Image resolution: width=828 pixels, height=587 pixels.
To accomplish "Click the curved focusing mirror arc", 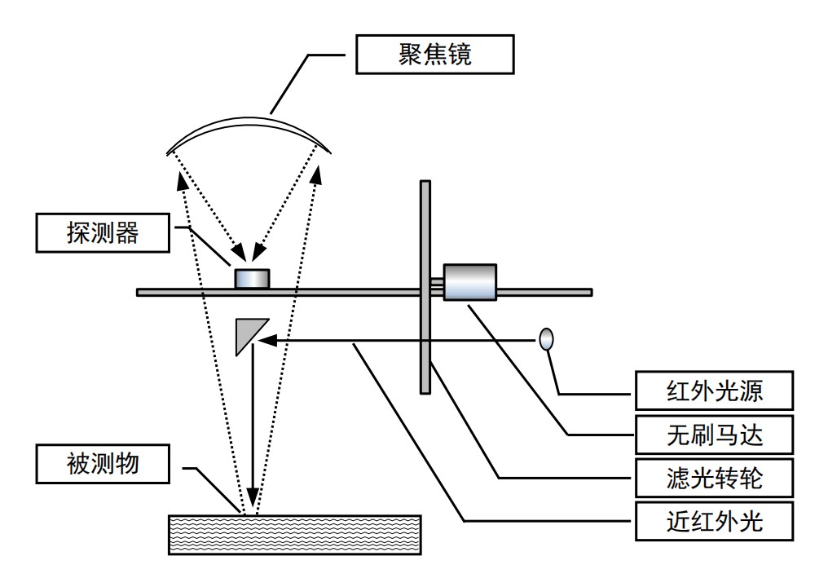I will click(x=249, y=120).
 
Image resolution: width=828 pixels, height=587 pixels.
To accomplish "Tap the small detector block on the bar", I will click(x=252, y=278).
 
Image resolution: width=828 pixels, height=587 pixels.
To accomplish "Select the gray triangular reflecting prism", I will click(x=244, y=334).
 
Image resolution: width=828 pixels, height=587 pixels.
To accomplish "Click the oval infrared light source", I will click(x=547, y=338).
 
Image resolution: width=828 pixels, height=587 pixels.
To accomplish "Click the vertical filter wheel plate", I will click(x=425, y=285).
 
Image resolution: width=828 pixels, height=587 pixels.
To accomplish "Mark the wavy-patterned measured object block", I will click(x=294, y=534).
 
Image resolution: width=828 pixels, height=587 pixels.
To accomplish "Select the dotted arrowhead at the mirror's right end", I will click(x=317, y=172).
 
